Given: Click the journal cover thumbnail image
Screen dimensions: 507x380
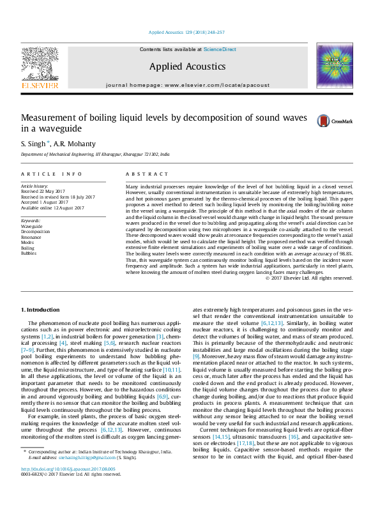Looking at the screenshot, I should (x=334, y=65).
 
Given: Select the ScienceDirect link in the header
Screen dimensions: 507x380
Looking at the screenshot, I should (x=220, y=49).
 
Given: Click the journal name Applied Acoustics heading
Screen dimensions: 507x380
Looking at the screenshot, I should (x=187, y=66).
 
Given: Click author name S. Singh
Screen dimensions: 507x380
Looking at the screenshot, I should (x=33, y=144).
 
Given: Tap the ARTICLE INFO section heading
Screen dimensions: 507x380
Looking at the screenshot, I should (x=52, y=174).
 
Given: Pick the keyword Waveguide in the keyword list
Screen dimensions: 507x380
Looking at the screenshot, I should (x=32, y=226).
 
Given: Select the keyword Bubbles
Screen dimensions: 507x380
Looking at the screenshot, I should (x=29, y=253).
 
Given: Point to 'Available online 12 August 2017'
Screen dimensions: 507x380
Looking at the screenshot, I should (x=53, y=208).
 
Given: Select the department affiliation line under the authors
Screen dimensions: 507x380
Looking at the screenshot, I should (x=95, y=155).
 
